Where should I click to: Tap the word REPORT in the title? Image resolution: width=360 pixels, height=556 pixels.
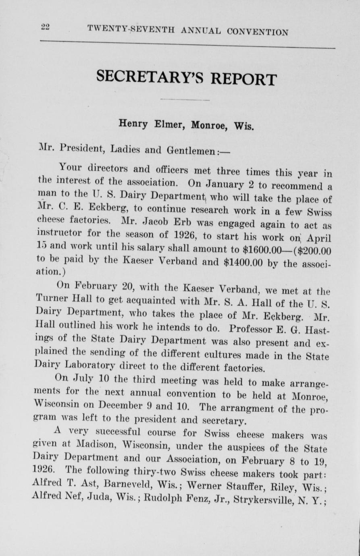pyautogui.click(x=243, y=79)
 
